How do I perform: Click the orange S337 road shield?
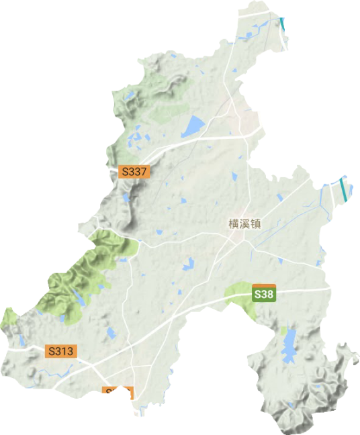(x=134, y=172)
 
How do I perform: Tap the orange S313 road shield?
(x=62, y=350)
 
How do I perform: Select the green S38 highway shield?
(x=264, y=294)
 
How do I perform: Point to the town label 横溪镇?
(x=244, y=224)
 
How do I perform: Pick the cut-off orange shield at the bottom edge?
(x=118, y=391)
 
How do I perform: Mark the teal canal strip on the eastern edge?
(x=345, y=189)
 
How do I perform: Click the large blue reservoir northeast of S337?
(x=193, y=126)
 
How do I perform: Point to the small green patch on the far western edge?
(x=9, y=316)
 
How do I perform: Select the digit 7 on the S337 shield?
(x=142, y=172)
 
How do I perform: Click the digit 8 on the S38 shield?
(x=270, y=294)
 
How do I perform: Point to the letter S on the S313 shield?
(x=52, y=350)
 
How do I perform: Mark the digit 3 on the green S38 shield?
(x=264, y=294)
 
